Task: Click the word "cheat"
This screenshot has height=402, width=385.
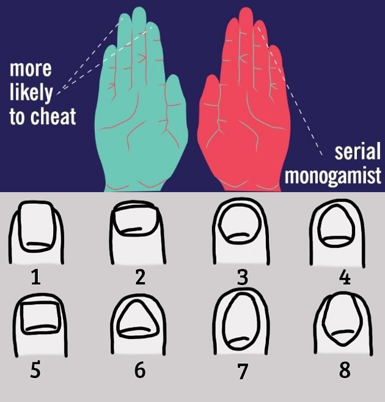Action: pos(53,116)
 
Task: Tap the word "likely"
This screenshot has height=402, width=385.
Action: pos(31,92)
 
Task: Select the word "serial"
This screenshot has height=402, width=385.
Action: pos(358,151)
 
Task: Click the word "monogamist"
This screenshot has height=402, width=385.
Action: pos(333,176)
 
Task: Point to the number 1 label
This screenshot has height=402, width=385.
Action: pos(36,277)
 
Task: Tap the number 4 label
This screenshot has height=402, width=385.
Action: pos(345,277)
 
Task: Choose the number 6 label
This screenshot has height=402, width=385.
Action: pos(140,370)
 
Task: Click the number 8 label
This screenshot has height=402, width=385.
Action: pos(345,370)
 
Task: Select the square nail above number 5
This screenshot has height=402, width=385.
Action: pos(41,318)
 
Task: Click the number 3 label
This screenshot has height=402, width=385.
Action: pos(243,277)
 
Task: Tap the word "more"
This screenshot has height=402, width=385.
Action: pos(31,69)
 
